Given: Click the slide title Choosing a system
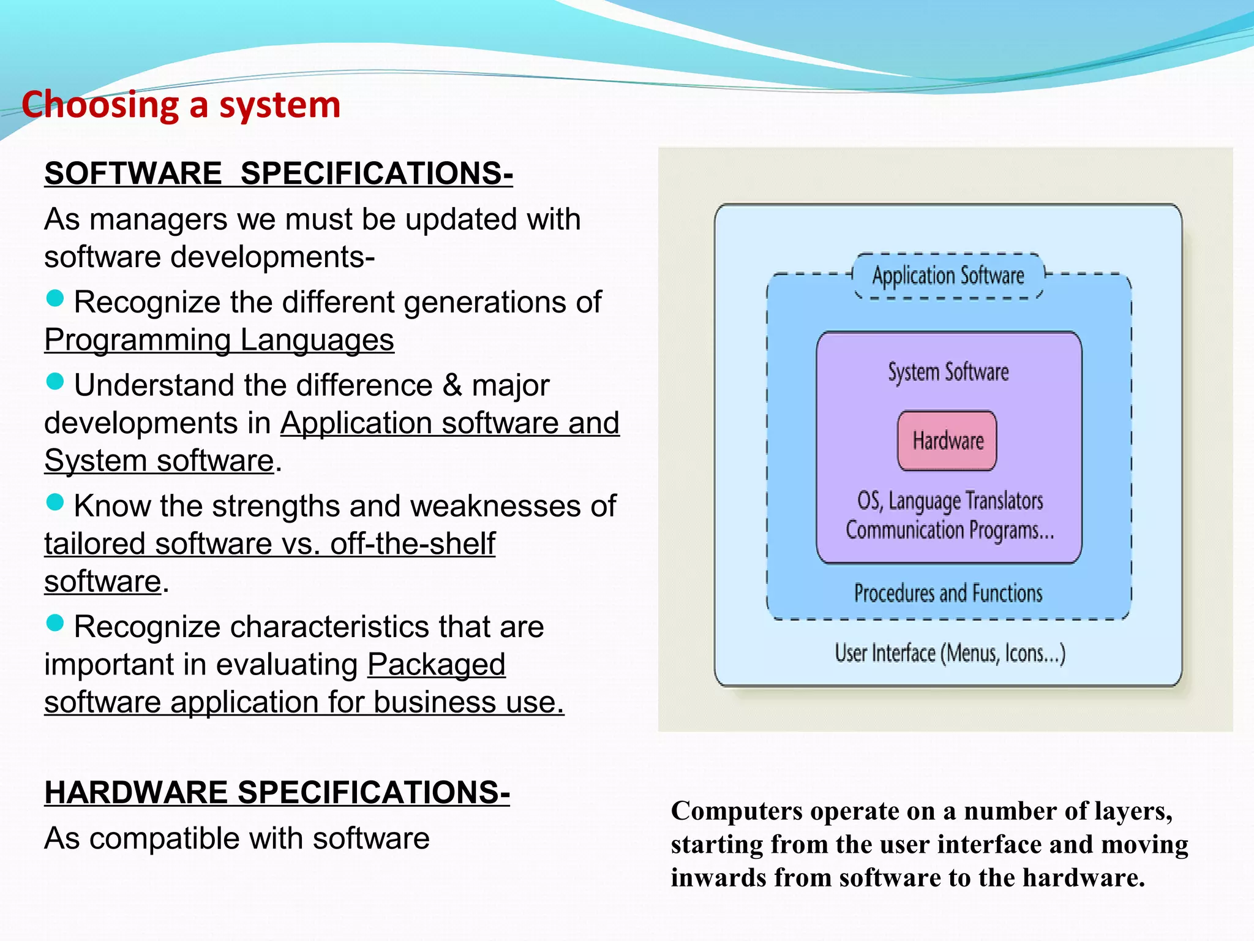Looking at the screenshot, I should (x=181, y=105).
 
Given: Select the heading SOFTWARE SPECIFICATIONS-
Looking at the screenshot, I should (x=279, y=173).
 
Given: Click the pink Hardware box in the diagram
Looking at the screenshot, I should (x=947, y=440).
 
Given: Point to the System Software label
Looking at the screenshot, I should (x=948, y=372).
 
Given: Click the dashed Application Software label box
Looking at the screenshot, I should (x=948, y=276).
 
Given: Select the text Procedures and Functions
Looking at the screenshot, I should (x=948, y=593).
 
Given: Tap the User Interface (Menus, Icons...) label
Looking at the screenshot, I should (x=950, y=653).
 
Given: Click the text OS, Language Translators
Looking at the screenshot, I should (x=950, y=501).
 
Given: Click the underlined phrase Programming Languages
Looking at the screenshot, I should (x=219, y=340).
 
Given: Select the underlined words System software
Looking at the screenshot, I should (x=159, y=461).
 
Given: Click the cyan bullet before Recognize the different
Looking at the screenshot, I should (x=55, y=298).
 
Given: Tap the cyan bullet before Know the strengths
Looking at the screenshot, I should (x=55, y=502).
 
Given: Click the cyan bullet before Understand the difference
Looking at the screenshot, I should (x=55, y=382).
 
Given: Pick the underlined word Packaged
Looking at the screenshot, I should (x=437, y=665).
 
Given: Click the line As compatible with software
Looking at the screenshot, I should (x=237, y=838).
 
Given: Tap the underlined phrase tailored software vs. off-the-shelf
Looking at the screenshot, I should (x=269, y=544).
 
